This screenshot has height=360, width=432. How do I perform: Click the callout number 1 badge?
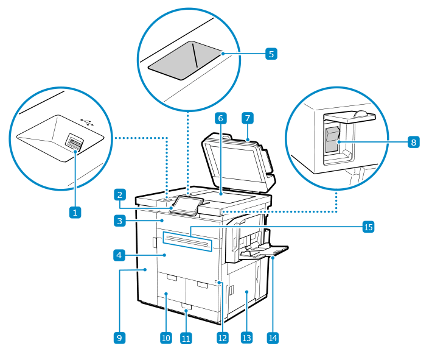point(75,212)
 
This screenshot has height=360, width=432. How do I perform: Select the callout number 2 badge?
point(120,195)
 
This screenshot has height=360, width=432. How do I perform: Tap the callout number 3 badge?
point(120,221)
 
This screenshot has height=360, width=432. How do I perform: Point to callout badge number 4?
point(120,255)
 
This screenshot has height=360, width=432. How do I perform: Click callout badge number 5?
point(271,54)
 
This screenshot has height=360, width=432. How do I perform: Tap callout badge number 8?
point(413,142)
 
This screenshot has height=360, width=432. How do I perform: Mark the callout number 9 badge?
point(120,337)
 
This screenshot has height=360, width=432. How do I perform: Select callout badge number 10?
point(165,337)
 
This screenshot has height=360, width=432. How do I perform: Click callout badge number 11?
point(186,337)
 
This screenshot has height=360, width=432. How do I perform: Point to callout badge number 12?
point(223,337)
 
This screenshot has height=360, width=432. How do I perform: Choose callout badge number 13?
point(246,337)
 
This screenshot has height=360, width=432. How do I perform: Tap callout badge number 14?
point(273,337)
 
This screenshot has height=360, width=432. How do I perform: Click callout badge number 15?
point(368,227)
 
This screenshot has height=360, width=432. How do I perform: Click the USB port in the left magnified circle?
point(74,143)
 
